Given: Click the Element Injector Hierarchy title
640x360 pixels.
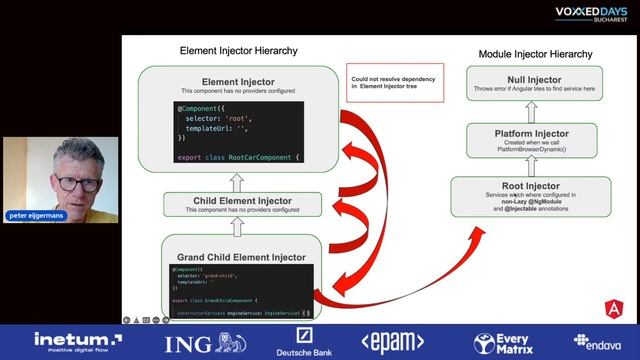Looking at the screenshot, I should tap(238, 50).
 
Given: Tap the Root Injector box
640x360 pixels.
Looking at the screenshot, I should tap(533, 191).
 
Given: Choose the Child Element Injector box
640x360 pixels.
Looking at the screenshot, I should tap(242, 205).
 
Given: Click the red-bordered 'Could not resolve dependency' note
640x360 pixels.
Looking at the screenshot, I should tap(383, 81).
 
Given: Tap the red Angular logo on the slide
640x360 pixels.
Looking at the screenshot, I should tap(612, 308).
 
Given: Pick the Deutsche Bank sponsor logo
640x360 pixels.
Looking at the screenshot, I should tap(297, 343).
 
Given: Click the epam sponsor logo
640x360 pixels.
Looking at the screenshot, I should tap(392, 342).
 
